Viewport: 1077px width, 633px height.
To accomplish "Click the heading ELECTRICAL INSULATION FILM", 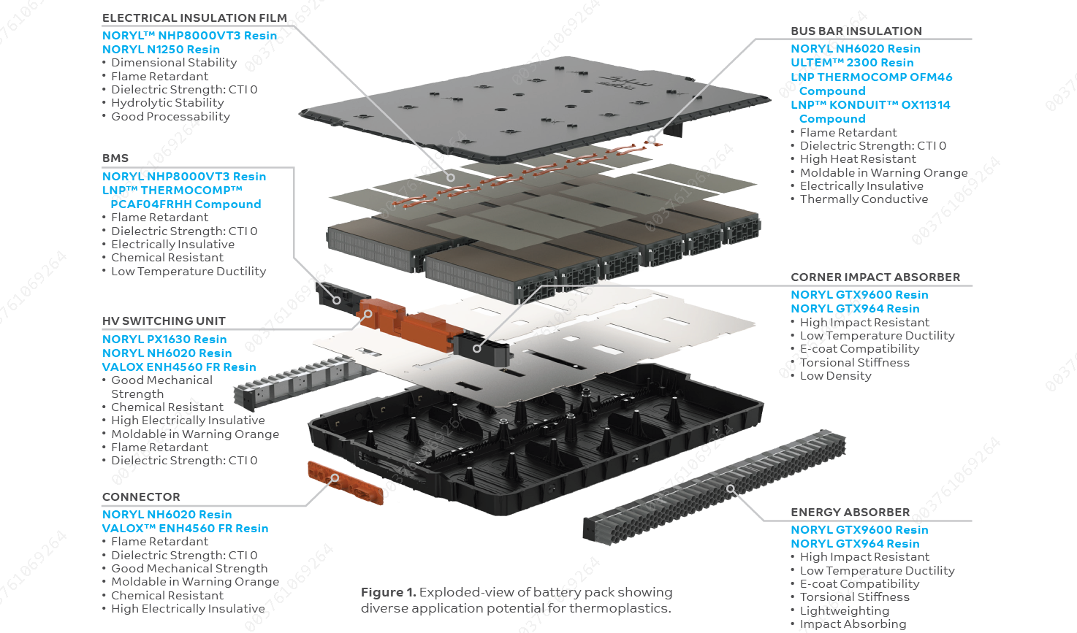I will point(194,18).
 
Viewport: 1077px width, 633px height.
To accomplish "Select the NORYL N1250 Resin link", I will point(161,50).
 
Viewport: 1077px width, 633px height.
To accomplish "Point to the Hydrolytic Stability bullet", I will point(167,103).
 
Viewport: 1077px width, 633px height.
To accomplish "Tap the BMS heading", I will point(115,158).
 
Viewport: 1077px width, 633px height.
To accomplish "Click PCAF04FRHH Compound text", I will point(186,204).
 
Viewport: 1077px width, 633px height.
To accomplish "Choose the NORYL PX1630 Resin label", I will point(164,339).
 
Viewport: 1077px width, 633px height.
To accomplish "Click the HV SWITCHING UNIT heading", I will point(164,321).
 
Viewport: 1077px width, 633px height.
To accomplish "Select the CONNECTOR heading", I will point(141,497).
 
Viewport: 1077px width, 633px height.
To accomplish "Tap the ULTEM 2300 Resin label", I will point(852,63).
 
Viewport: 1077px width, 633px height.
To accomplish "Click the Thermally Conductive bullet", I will point(864,199).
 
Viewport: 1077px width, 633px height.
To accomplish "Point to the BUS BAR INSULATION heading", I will point(856,31).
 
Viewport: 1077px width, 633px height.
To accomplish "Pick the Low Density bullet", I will point(835,376).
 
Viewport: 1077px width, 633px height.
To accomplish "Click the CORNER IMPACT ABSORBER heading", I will point(875,277).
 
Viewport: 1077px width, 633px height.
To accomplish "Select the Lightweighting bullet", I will point(844,611).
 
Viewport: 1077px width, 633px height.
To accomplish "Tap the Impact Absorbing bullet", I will point(853,624).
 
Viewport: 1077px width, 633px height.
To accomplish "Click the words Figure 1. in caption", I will point(388,593).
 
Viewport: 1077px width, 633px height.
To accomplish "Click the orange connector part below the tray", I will point(345,483).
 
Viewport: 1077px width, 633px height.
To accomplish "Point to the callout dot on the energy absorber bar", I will point(730,488).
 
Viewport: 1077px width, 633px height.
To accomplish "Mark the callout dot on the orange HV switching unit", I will point(368,314).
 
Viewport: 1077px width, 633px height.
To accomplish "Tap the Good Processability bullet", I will point(170,117).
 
